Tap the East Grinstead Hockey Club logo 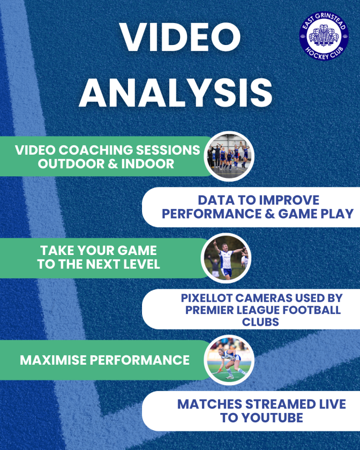point(324,36)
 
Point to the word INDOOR point(148,164)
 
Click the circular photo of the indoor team point(229,157)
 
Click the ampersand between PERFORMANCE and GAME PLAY point(270,214)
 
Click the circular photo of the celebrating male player point(226,258)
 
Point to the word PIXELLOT point(207,298)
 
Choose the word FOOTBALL point(311,310)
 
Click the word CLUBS point(260,322)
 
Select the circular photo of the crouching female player point(229,360)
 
